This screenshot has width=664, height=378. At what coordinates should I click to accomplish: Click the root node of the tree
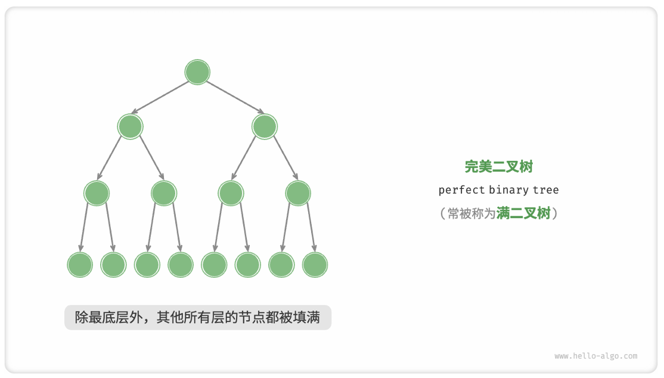(197, 72)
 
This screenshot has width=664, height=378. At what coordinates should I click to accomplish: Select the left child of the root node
(131, 126)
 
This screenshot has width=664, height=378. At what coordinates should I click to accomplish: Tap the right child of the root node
(265, 126)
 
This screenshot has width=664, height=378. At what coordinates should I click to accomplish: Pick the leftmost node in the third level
(97, 193)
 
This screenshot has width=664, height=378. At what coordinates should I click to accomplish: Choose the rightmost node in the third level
(298, 193)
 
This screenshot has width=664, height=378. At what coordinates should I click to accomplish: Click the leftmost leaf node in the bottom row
(80, 265)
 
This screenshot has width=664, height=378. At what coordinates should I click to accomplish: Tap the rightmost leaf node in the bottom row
(315, 265)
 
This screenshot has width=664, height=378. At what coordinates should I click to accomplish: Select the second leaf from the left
(113, 265)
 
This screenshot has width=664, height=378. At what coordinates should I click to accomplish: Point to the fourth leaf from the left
(181, 265)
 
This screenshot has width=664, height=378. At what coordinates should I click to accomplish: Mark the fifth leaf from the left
(214, 265)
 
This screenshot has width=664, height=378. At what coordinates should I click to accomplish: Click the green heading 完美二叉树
(498, 167)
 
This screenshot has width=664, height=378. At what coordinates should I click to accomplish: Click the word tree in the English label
(546, 190)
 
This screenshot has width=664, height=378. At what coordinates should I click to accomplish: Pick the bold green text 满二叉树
(523, 213)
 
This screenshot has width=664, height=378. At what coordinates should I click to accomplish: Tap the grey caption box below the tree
(197, 317)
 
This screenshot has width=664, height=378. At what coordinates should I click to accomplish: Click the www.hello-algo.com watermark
(595, 356)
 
